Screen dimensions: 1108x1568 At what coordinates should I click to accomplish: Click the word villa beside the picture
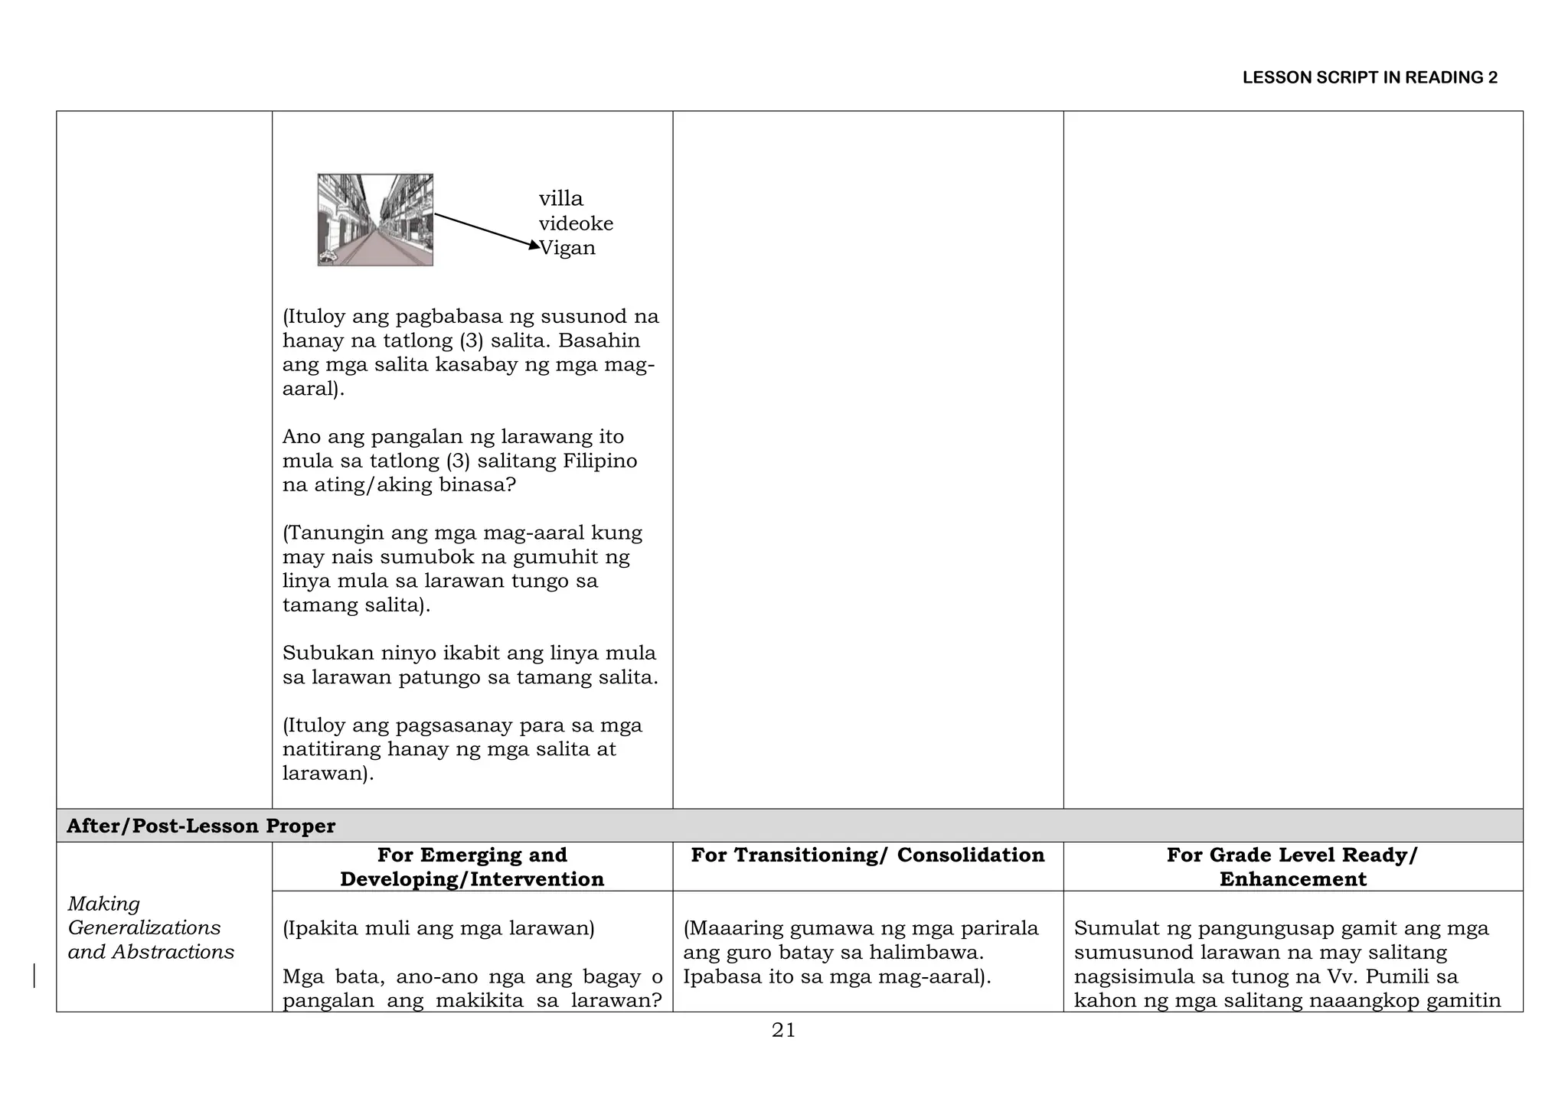coord(560,199)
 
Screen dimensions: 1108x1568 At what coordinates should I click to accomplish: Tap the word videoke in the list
coord(576,223)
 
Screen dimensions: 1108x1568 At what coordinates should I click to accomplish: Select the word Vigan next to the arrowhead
coord(568,248)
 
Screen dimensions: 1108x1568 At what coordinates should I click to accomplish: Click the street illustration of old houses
coord(375,220)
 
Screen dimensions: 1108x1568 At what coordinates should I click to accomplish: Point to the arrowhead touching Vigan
coord(534,245)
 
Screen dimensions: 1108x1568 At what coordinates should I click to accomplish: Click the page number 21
coord(783,1031)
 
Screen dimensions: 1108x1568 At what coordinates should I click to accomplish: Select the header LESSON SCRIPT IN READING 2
coord(1370,77)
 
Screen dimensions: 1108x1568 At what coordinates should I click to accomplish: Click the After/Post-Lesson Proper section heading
coord(201,826)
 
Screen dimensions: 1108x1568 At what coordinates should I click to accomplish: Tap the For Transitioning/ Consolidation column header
coord(867,855)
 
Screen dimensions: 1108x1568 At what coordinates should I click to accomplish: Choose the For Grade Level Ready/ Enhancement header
coord(1292,867)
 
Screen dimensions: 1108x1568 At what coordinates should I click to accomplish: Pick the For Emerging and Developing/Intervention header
coord(472,867)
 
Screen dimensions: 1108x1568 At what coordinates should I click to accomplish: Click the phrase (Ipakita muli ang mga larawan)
coord(438,929)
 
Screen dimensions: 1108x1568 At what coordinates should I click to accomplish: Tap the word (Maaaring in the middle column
coord(729,929)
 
